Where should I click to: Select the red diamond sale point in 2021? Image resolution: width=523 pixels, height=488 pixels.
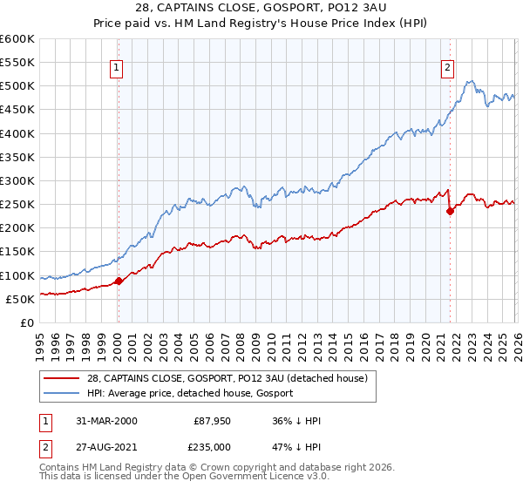click(x=451, y=211)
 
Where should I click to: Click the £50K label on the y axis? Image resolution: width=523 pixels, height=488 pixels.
click(x=20, y=299)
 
